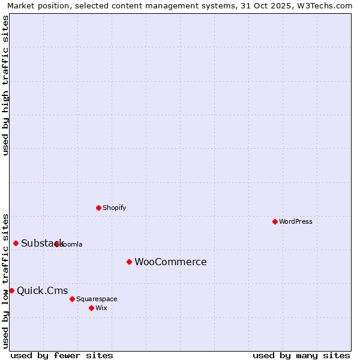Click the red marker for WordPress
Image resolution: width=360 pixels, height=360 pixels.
point(275,221)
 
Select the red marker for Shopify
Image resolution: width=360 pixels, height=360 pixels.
point(98,208)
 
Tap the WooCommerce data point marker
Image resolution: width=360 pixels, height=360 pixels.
point(129,262)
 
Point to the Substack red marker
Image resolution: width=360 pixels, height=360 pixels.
point(16,243)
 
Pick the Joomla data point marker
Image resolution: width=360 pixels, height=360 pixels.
point(56,244)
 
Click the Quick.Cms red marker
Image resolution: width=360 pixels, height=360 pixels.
point(11,290)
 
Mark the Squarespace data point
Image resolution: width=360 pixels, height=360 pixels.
point(72,299)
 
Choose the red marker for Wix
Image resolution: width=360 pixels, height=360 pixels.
point(91,308)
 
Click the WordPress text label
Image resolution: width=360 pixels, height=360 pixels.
point(296,221)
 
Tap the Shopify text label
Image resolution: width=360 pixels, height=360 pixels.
point(114,208)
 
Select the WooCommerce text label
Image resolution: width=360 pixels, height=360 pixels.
point(170,262)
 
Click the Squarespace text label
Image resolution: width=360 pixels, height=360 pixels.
point(97,299)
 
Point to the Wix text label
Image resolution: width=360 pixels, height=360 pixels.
point(101,308)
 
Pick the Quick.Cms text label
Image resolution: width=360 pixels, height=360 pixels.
point(42,290)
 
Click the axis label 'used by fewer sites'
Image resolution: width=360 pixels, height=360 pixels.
point(62,356)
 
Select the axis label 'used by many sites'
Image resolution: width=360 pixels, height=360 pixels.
point(301,356)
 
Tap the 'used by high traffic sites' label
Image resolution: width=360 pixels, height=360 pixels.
point(6,85)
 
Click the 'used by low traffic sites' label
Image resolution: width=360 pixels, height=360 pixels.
point(6,280)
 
